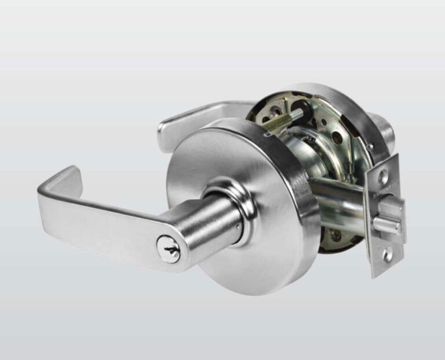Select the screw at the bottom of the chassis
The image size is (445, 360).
(x=335, y=235)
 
